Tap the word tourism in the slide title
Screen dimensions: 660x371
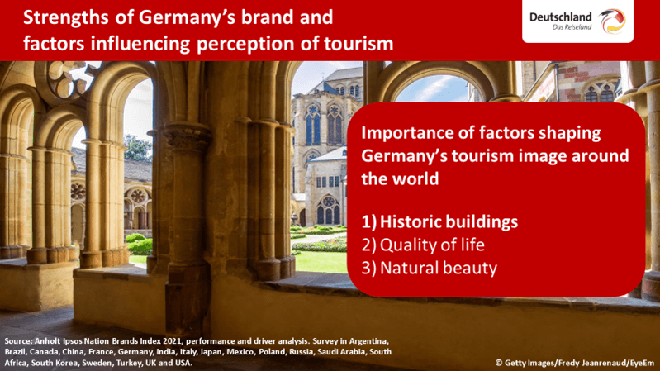(358, 43)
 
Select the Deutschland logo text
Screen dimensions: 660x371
(560, 17)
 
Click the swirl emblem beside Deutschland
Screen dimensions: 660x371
(612, 21)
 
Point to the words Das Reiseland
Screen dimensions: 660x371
(572, 27)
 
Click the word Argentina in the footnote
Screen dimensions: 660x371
(370, 341)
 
